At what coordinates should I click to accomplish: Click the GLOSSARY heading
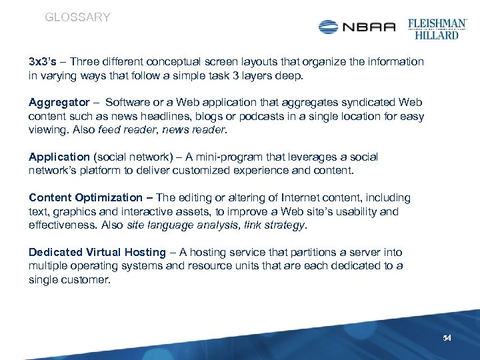[77, 17]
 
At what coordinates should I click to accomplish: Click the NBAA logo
[357, 27]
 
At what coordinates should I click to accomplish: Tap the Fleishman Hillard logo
[437, 27]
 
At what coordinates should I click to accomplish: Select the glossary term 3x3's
[43, 62]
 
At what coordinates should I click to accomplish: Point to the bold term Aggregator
[59, 103]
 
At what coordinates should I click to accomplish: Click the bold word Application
[59, 157]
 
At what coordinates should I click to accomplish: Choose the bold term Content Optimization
[85, 198]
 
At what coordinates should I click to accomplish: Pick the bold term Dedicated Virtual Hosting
[97, 253]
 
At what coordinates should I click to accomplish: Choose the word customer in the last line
[85, 280]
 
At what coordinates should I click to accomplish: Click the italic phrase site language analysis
[183, 225]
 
